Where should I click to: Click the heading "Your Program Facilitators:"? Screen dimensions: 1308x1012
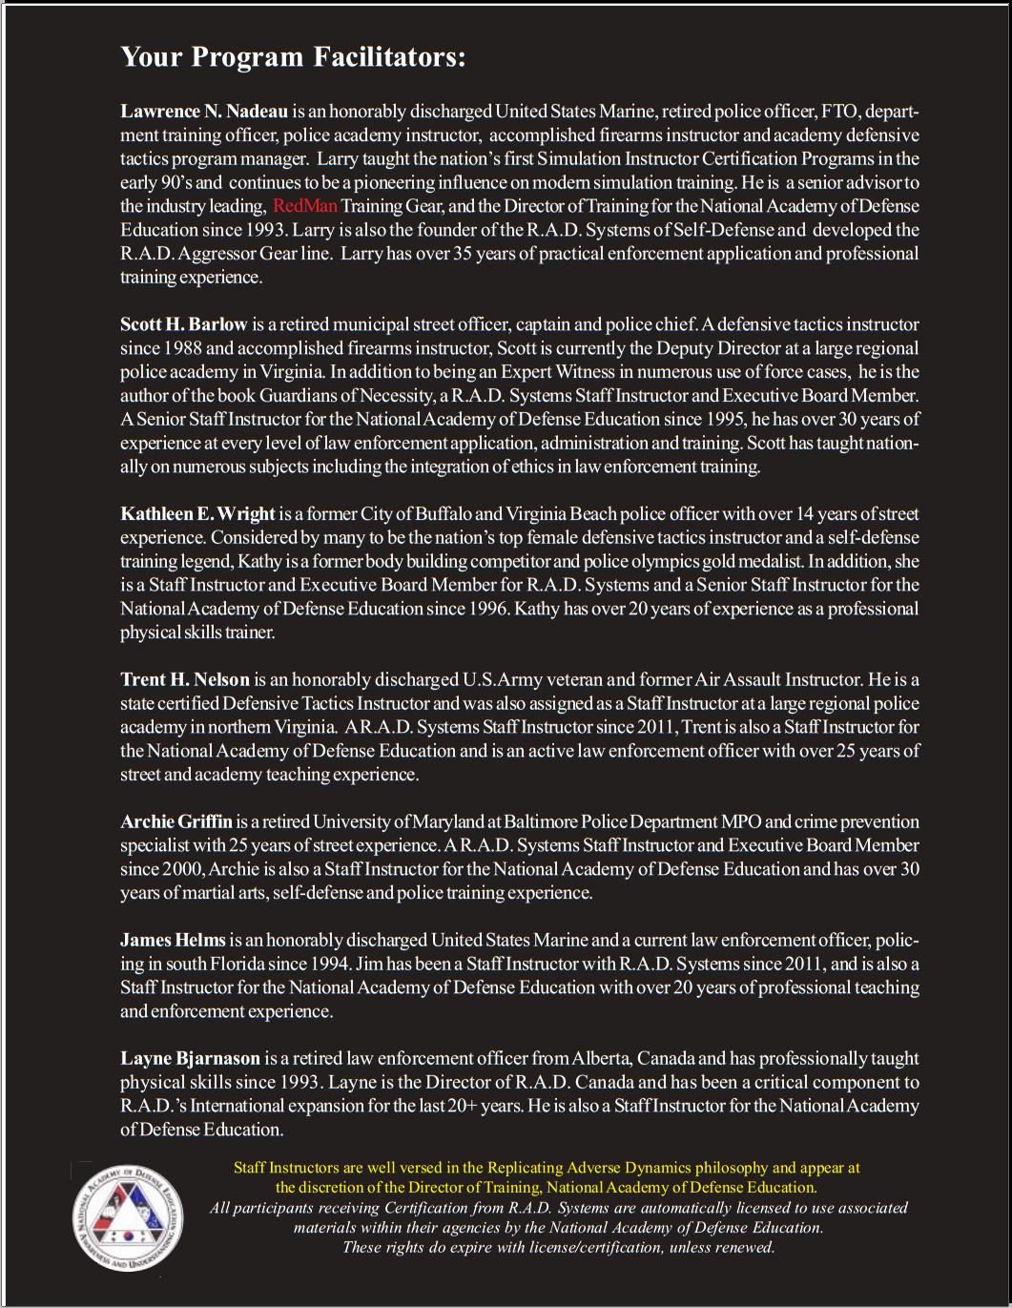coord(293,57)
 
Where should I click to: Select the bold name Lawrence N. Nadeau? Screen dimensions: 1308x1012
coord(204,112)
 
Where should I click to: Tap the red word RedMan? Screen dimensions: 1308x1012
coord(305,206)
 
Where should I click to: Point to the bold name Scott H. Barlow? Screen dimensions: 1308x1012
coord(183,324)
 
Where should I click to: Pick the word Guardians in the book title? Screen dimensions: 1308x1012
coord(299,396)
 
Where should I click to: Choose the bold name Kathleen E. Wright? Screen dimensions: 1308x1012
coord(197,514)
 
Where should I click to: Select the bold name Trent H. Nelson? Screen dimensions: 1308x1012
coord(184,680)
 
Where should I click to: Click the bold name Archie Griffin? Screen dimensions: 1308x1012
coord(176,821)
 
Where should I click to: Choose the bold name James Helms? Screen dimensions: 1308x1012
coord(173,940)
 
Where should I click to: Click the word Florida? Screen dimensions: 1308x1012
coord(240,964)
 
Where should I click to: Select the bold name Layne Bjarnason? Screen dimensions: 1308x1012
coord(190,1058)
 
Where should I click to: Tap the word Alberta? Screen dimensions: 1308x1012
coord(600,1058)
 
